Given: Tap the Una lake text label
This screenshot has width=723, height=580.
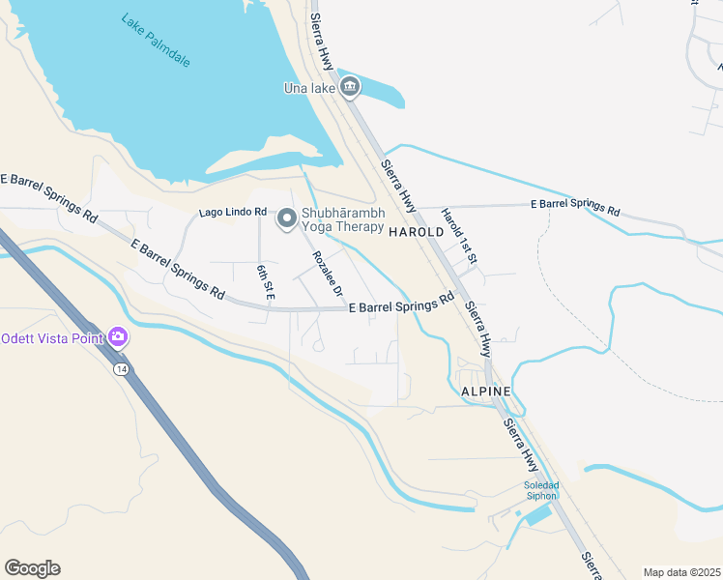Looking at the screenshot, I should tap(309, 89).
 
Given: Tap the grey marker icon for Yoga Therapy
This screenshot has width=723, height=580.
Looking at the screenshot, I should tap(286, 220).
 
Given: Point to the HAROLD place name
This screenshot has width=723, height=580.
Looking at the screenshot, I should tap(416, 233).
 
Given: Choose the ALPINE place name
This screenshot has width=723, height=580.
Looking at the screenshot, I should tap(485, 391).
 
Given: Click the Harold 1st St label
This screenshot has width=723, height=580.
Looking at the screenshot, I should tap(459, 236).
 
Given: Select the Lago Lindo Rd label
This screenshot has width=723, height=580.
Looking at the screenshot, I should tap(232, 212).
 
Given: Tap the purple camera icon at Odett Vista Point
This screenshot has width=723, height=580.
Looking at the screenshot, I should tap(118, 337).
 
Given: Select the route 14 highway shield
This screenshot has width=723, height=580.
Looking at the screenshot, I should tap(120, 370).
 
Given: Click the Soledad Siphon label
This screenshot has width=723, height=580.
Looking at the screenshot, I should tap(541, 490).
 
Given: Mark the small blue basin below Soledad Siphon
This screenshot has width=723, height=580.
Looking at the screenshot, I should tap(538, 515).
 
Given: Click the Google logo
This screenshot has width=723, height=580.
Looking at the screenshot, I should tap(32, 568).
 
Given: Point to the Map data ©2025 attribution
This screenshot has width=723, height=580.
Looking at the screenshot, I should tap(681, 572).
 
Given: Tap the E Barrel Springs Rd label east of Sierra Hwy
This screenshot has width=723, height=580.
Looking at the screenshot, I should tap(575, 207).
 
